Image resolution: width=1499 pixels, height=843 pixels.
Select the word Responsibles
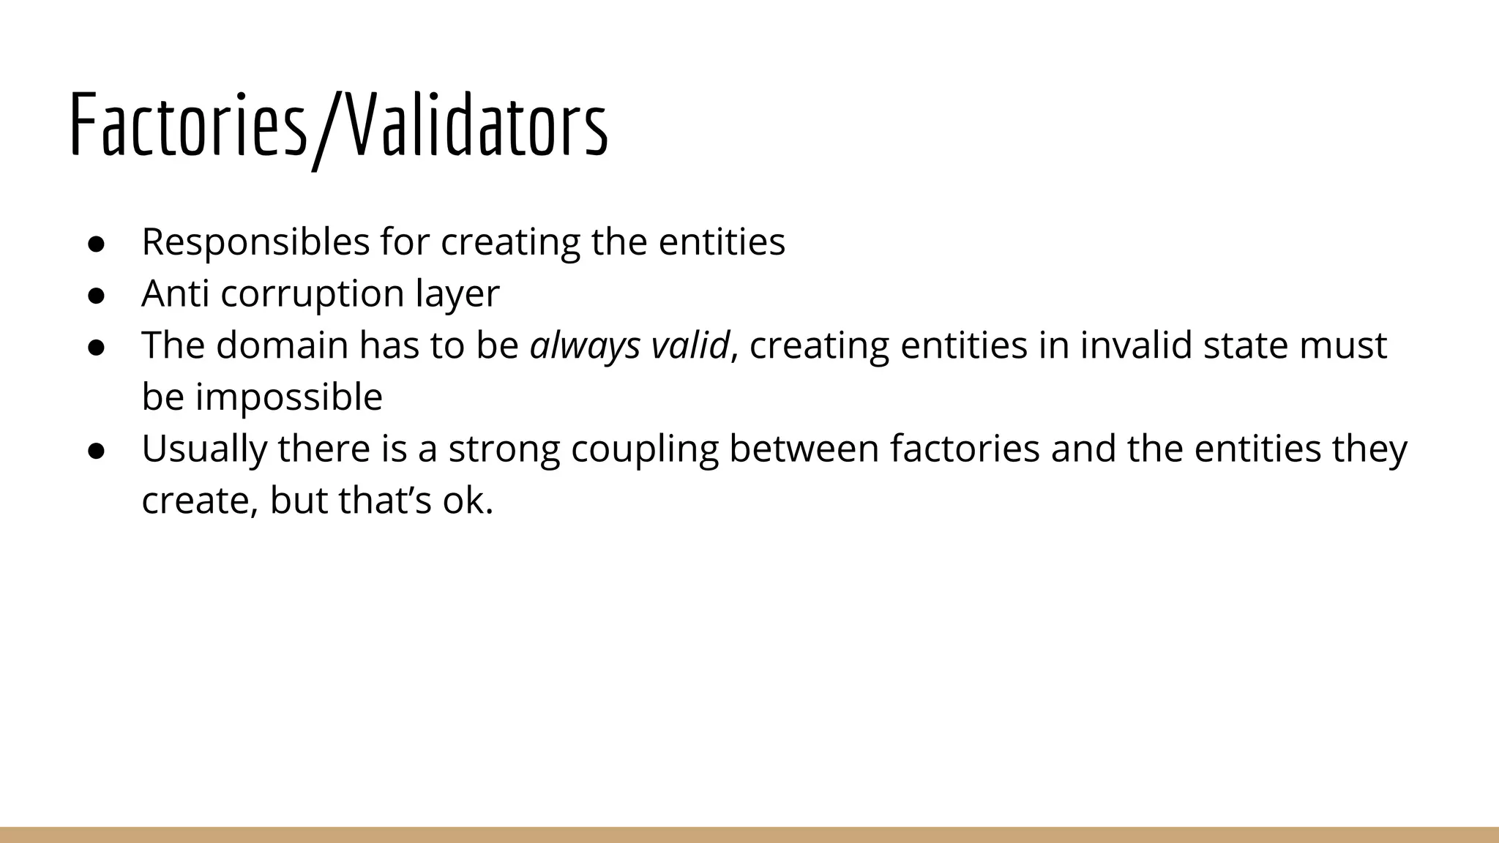tap(255, 242)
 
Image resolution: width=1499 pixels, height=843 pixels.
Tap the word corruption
tap(313, 294)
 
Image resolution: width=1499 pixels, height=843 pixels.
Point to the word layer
tap(457, 294)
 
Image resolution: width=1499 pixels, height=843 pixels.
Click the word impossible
tap(289, 397)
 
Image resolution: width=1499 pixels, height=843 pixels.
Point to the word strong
tap(504, 449)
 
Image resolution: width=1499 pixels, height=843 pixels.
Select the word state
tap(1246, 345)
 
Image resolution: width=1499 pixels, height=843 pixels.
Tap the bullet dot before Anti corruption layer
tap(96, 296)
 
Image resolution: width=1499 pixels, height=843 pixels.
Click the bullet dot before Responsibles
tap(96, 244)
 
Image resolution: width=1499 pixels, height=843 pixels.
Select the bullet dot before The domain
tap(96, 348)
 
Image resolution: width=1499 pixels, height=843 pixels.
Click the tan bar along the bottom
tap(749, 835)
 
